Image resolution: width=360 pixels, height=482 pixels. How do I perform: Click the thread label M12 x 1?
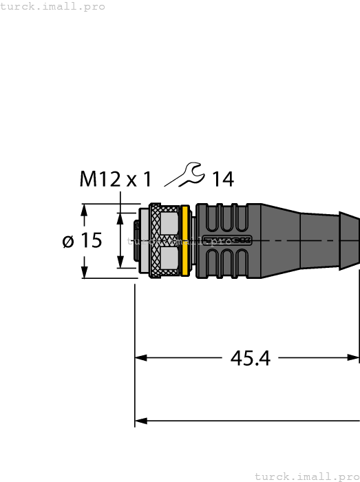coord(115,180)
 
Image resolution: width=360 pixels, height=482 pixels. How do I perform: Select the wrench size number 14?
coord(222,180)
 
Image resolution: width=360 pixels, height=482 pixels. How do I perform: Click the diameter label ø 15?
coord(82,241)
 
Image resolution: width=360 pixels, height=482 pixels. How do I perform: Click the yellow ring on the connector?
coord(184,241)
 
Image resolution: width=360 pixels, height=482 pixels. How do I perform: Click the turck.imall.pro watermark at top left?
coord(53,6)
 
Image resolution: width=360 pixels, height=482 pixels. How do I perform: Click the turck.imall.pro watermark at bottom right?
coord(306,476)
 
